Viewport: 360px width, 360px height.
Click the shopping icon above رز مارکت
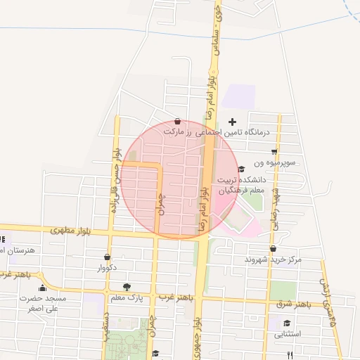pyautogui.click(x=176, y=121)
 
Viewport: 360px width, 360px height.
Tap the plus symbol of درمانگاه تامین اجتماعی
pyautogui.click(x=233, y=122)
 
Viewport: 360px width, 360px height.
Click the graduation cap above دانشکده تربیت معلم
pyautogui.click(x=242, y=169)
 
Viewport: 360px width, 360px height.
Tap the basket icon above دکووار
pyautogui.click(x=107, y=257)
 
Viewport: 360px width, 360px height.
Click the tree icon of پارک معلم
pyautogui.click(x=127, y=286)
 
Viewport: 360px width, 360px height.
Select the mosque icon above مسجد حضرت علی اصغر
pyautogui.click(x=42, y=288)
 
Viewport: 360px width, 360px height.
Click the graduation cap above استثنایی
pyautogui.click(x=287, y=323)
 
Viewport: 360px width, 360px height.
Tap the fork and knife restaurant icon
pyautogui.click(x=301, y=354)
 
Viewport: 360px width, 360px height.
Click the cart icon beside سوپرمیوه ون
pyautogui.click(x=274, y=151)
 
